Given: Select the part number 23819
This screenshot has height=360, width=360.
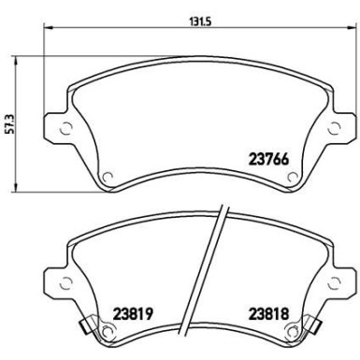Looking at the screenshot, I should coord(133,315).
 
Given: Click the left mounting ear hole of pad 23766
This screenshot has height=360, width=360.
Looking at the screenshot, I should coord(64,129).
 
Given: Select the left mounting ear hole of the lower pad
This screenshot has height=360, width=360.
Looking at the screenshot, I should coord(64,281).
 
